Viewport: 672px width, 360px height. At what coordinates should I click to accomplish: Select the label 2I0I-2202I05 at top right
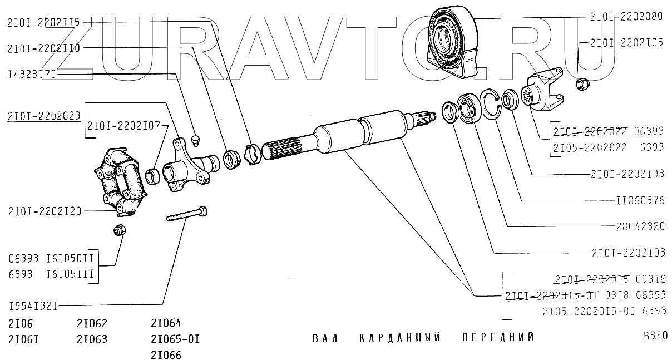click(x=626, y=42)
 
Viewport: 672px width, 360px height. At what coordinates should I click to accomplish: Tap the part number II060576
click(x=640, y=200)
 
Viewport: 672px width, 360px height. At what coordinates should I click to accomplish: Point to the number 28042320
click(x=640, y=226)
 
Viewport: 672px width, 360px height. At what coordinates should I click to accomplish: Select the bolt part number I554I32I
click(x=33, y=305)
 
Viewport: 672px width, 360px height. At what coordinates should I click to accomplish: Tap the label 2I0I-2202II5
click(x=44, y=23)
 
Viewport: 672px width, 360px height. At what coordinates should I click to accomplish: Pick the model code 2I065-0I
click(x=175, y=339)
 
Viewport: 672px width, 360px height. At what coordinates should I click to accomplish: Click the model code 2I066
click(x=166, y=354)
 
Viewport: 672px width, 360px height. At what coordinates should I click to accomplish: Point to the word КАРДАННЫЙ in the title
click(x=399, y=338)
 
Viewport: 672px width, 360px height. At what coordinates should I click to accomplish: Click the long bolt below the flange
click(x=187, y=215)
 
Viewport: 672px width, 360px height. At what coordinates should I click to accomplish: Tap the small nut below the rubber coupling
click(x=118, y=229)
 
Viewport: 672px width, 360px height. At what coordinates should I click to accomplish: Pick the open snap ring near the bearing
click(x=491, y=105)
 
